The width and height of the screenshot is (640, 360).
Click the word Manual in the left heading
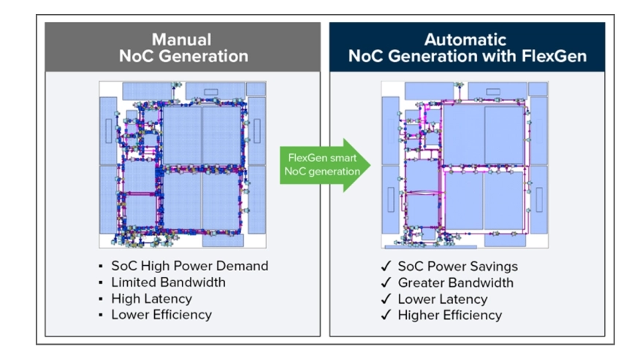[181, 39]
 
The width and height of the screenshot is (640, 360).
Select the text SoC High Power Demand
[189, 266]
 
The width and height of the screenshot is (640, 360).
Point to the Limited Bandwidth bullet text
[168, 282]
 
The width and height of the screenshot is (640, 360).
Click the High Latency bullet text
[151, 299]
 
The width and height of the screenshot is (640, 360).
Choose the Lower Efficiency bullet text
[161, 315]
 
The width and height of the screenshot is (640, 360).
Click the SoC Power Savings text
[457, 266]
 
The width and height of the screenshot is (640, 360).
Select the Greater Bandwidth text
[455, 283]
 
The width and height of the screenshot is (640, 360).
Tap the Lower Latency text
[442, 299]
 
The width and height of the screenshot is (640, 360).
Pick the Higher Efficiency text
[449, 315]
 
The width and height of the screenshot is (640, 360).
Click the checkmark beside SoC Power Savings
[385, 267]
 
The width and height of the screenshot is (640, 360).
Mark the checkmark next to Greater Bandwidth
[385, 283]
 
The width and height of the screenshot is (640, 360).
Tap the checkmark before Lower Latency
[385, 299]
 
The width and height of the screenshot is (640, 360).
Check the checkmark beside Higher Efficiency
[385, 315]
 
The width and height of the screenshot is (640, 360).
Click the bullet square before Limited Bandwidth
[100, 283]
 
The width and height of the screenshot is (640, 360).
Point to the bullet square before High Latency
[100, 299]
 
